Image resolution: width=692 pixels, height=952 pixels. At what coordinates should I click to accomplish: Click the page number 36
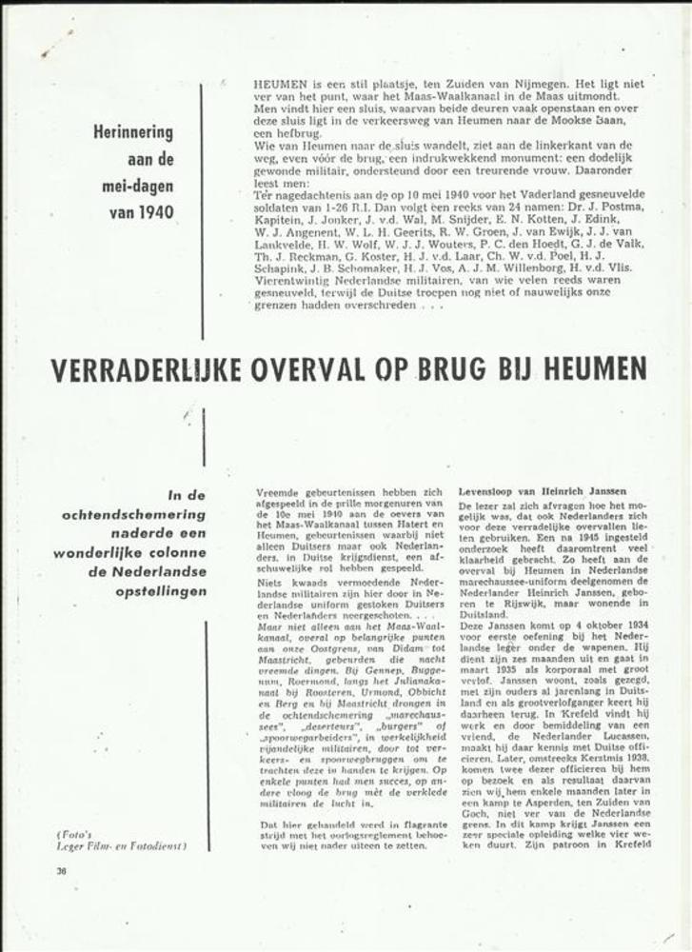[61, 869]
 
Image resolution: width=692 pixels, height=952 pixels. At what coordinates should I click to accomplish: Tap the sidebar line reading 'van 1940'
[142, 211]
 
